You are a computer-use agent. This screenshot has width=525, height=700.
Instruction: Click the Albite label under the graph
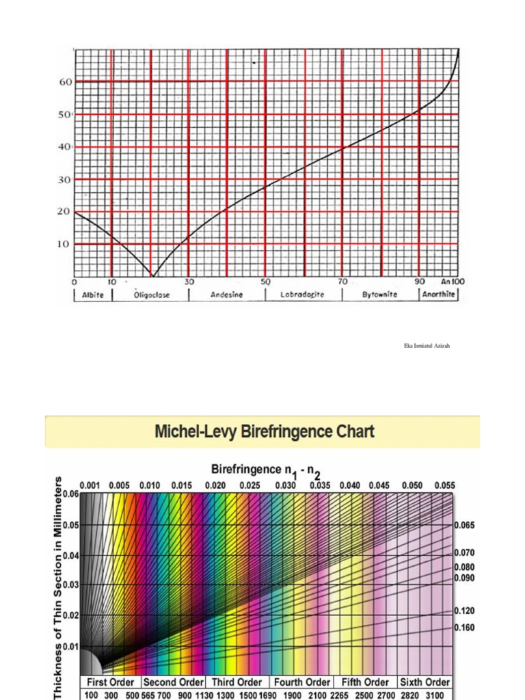tap(93, 295)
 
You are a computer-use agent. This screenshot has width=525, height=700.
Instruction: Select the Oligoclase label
tap(152, 295)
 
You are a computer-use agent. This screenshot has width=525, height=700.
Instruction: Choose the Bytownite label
tap(379, 295)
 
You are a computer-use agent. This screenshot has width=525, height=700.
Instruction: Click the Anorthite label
tap(439, 295)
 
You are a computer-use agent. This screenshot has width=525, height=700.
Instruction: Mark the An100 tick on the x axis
tap(453, 282)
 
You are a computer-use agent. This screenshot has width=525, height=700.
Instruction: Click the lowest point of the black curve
tap(152, 275)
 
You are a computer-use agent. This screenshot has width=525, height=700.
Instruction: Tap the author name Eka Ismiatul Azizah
tap(427, 346)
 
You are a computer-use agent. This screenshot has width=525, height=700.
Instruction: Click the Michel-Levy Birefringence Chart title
tap(265, 432)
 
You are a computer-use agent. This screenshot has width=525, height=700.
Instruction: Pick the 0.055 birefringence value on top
tap(444, 485)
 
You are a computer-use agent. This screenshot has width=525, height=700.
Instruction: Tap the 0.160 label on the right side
tap(465, 628)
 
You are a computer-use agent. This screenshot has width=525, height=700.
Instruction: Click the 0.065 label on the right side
tap(465, 525)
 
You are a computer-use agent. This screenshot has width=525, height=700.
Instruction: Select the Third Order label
tap(237, 682)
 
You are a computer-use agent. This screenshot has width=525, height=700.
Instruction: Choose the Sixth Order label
tap(425, 682)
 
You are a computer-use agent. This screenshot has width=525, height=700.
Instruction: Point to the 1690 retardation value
tap(268, 695)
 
